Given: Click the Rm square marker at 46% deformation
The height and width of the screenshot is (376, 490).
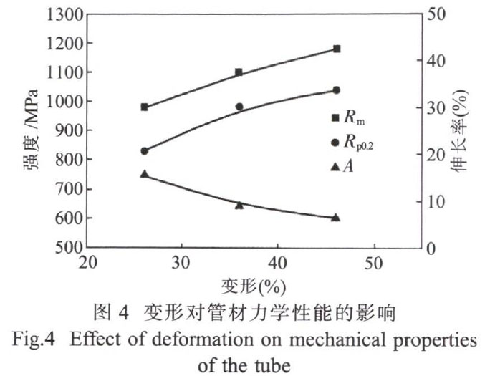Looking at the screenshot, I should (336, 49).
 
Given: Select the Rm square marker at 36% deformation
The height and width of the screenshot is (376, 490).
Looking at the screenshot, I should (239, 72).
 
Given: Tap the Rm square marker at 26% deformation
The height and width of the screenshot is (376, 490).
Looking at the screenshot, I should (144, 107).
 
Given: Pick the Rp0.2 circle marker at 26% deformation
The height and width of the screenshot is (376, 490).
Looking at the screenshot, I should (144, 151).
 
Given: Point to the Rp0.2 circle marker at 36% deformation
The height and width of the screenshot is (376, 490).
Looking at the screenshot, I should (239, 107).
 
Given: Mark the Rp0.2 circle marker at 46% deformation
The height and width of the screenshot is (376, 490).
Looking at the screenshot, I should (336, 90).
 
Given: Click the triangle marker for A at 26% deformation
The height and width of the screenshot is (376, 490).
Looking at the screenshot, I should (144, 174).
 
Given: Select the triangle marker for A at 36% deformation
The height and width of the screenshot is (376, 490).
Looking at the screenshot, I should (239, 205).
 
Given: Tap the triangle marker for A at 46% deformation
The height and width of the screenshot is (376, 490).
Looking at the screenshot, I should (336, 217).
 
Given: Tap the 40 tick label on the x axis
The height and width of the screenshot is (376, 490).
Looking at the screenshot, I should (277, 262).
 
